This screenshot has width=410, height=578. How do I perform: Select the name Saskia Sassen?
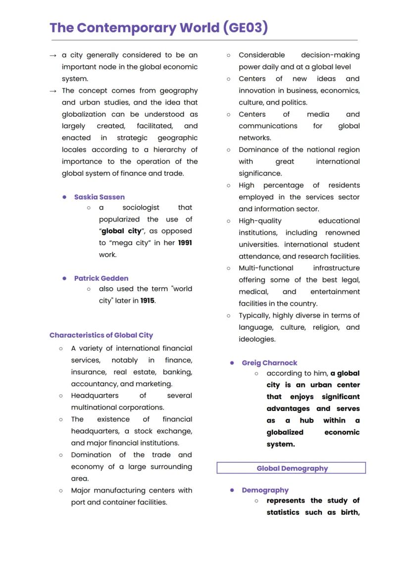coord(99,197)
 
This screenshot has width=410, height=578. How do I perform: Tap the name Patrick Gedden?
coord(101,278)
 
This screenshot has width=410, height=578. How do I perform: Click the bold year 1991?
coord(185,243)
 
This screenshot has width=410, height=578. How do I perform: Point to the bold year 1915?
coord(147,301)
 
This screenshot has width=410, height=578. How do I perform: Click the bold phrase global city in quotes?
coord(121,231)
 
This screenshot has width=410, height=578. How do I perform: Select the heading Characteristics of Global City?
coord(101,335)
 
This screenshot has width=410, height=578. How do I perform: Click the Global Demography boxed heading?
coord(292,468)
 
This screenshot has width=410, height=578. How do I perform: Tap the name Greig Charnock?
coord(269,363)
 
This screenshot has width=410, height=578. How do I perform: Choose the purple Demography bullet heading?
coord(265,490)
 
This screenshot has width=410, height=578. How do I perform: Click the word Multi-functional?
coord(265,268)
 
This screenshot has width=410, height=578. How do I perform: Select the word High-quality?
coord(259,221)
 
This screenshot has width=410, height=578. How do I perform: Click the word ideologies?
coord(256,339)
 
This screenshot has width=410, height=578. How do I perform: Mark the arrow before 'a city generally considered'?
coord(53,55)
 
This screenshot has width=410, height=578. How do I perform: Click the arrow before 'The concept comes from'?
coord(53,91)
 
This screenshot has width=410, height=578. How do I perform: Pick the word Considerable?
coord(261,55)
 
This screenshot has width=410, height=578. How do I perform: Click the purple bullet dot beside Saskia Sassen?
coord(64,197)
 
